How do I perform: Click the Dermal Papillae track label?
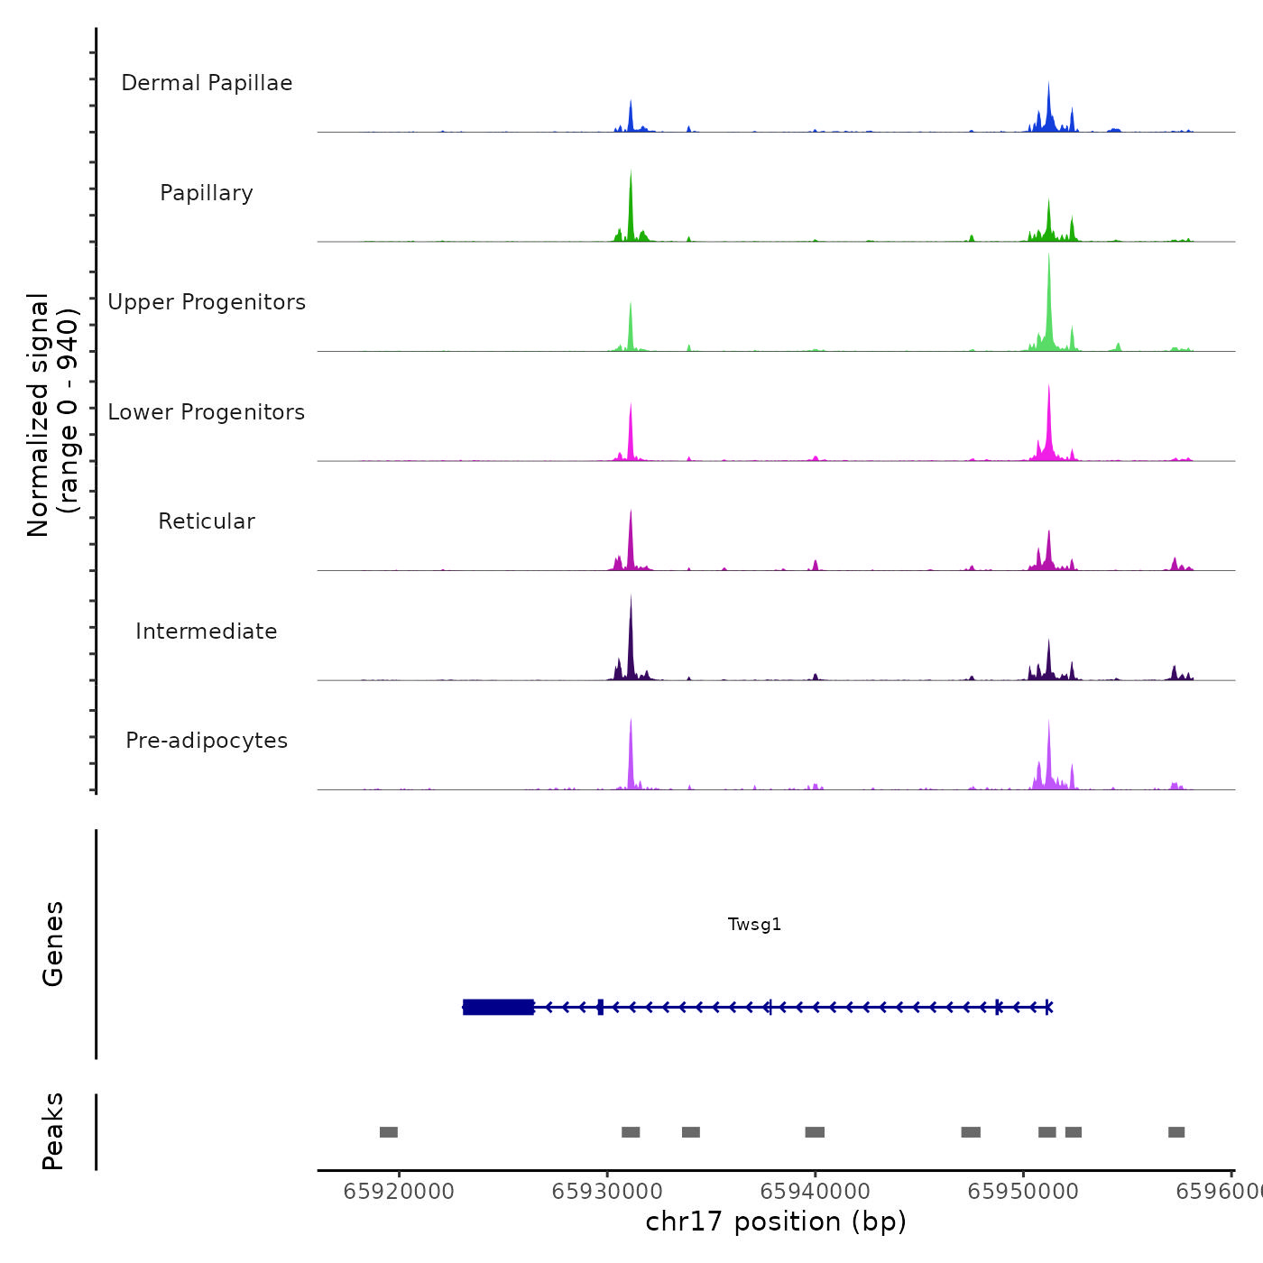(207, 83)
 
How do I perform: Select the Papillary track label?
(207, 193)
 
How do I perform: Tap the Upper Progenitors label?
(207, 302)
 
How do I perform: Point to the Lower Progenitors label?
(207, 412)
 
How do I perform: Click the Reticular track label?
(207, 521)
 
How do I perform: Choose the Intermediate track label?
(207, 631)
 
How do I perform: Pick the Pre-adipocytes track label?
(207, 741)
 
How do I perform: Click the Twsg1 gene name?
(754, 924)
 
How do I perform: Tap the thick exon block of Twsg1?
(498, 1007)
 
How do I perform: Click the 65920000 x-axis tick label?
(399, 1192)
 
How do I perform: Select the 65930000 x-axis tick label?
(607, 1192)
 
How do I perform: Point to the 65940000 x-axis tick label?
(815, 1192)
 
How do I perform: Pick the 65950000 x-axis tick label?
(1023, 1192)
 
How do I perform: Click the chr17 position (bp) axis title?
(776, 1222)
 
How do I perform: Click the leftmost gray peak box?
(389, 1132)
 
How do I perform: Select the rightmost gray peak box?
(1176, 1132)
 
